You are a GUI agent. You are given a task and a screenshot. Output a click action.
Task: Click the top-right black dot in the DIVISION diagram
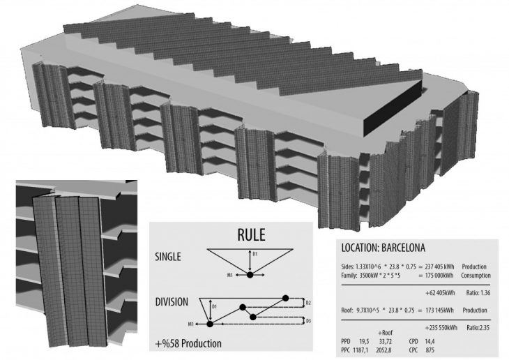pos(284,297)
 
